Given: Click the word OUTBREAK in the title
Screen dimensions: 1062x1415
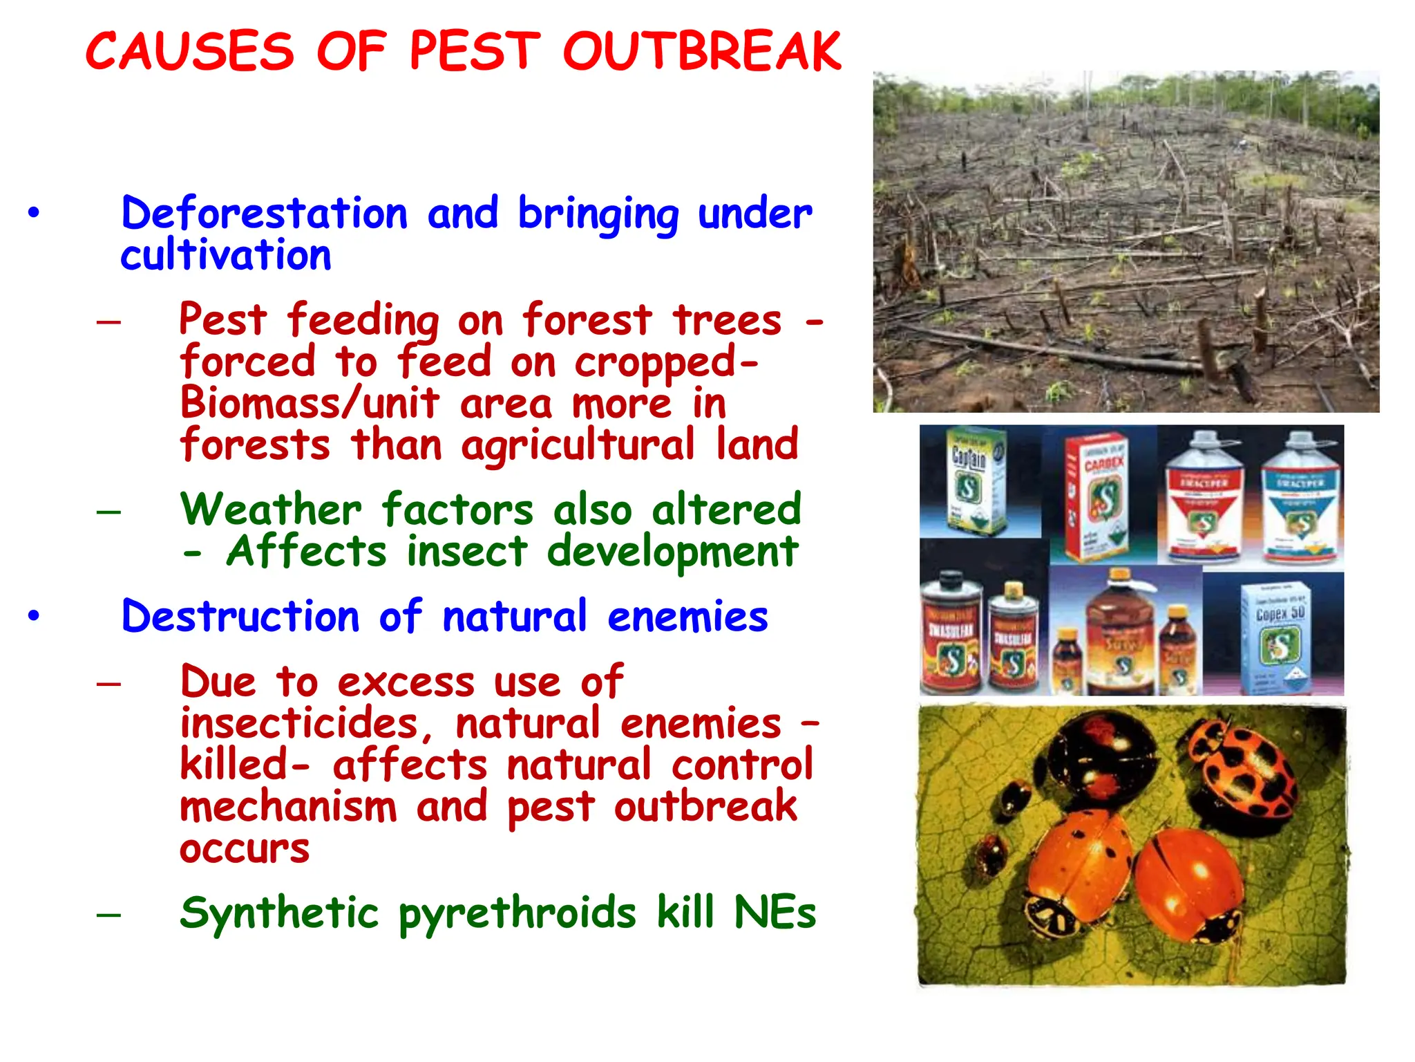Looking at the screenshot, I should pos(702,51).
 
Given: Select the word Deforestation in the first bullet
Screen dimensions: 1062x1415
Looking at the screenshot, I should pos(265,213).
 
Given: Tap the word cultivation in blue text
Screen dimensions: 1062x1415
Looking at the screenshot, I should pos(226,255).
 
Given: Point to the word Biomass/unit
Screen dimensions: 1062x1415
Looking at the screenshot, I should pos(310,403).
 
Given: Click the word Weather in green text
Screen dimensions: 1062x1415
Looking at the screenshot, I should pos(271,510).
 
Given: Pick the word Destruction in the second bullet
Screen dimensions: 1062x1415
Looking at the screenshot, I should pos(240,616).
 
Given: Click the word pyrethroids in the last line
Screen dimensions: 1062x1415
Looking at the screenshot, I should pos(517,913).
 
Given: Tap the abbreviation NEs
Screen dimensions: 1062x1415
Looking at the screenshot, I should pos(775,912).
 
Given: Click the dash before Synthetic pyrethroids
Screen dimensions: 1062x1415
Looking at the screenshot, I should pos(108,915).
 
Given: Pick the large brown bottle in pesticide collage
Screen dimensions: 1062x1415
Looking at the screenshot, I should pos(1121,633).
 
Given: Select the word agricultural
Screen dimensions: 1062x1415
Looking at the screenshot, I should pos(578,445).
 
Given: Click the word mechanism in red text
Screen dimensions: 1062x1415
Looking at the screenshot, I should pos(289,807).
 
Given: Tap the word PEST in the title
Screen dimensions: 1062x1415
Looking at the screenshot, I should pos(474,51).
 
